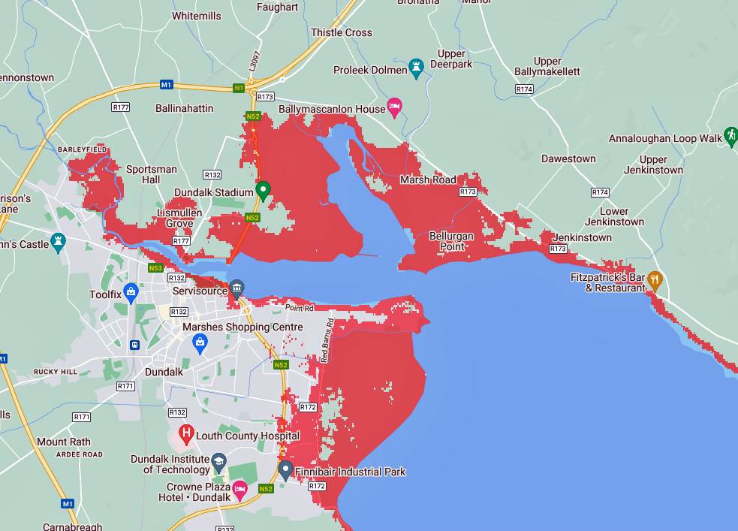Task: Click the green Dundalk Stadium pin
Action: pos(263,190)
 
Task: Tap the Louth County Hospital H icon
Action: pos(185,434)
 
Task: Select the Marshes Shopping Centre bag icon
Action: pos(200,343)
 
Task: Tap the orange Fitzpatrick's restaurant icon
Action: pos(655,280)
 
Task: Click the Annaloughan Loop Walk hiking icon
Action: pos(730,136)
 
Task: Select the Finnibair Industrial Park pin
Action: pos(285,470)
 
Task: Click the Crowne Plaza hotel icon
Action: pos(239,491)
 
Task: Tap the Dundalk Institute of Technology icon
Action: pos(218,460)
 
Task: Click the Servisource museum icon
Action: pos(236,288)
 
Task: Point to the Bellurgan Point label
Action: pos(451,241)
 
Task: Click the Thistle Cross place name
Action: pos(342,32)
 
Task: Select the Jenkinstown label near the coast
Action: pos(582,237)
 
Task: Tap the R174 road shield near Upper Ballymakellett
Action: pos(524,89)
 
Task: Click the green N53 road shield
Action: pos(155,268)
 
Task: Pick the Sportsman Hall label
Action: pos(152,174)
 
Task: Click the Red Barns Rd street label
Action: pos(325,342)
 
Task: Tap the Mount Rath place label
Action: pos(63,442)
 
